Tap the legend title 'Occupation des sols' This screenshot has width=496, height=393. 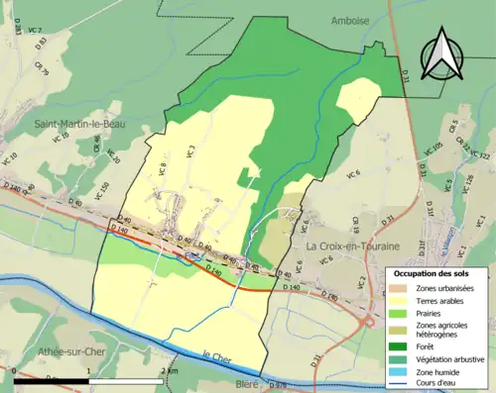(435, 273)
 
